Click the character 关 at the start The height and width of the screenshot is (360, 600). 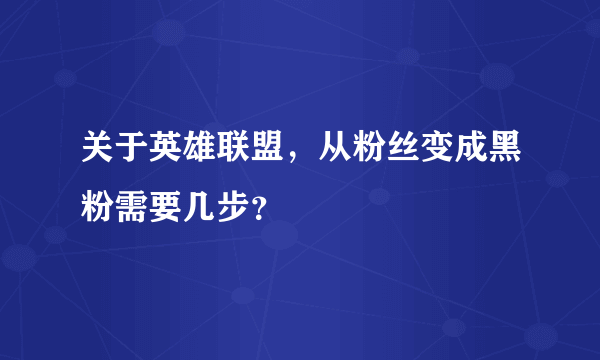99,151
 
